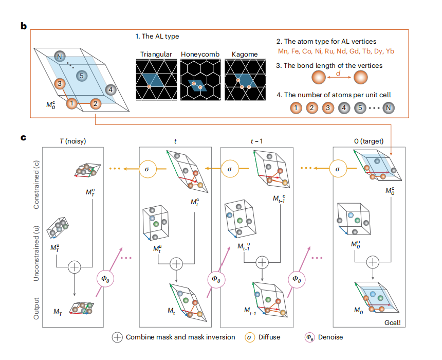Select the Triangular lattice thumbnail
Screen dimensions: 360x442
click(156, 79)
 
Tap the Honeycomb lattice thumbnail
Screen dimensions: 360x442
click(200, 79)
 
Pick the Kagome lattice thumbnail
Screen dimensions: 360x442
click(245, 79)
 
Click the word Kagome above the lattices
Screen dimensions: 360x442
click(245, 54)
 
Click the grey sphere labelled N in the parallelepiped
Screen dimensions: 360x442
click(61, 56)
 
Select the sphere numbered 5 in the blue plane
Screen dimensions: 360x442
click(80, 76)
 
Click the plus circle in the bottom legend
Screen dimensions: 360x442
click(118, 337)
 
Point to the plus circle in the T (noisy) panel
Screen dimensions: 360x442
click(75, 266)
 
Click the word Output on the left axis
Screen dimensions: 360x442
click(36, 307)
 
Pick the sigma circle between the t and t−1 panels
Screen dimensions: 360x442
click(231, 167)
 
